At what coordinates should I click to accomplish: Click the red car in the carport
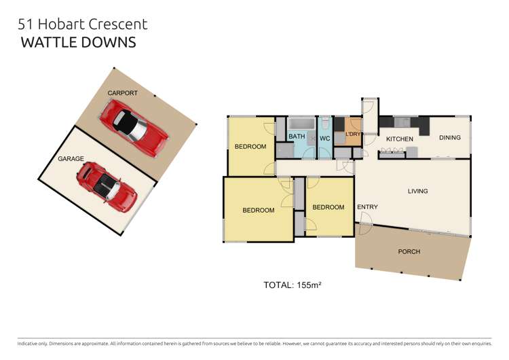(134, 128)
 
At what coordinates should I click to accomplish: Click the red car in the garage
(107, 187)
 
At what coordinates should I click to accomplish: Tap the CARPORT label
(122, 93)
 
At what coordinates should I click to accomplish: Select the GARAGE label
(71, 158)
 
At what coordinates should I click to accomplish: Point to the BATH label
(297, 136)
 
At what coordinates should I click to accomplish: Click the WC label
(324, 139)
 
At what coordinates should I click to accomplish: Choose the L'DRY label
(353, 134)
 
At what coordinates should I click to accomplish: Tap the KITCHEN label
(400, 139)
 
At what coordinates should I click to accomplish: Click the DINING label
(450, 137)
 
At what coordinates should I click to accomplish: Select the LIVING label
(418, 191)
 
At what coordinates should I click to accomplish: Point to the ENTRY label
(367, 207)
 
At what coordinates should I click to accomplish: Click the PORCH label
(409, 251)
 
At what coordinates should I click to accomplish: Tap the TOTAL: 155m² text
(293, 285)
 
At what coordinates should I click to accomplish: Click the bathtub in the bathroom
(301, 124)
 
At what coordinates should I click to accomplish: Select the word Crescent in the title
(118, 24)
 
